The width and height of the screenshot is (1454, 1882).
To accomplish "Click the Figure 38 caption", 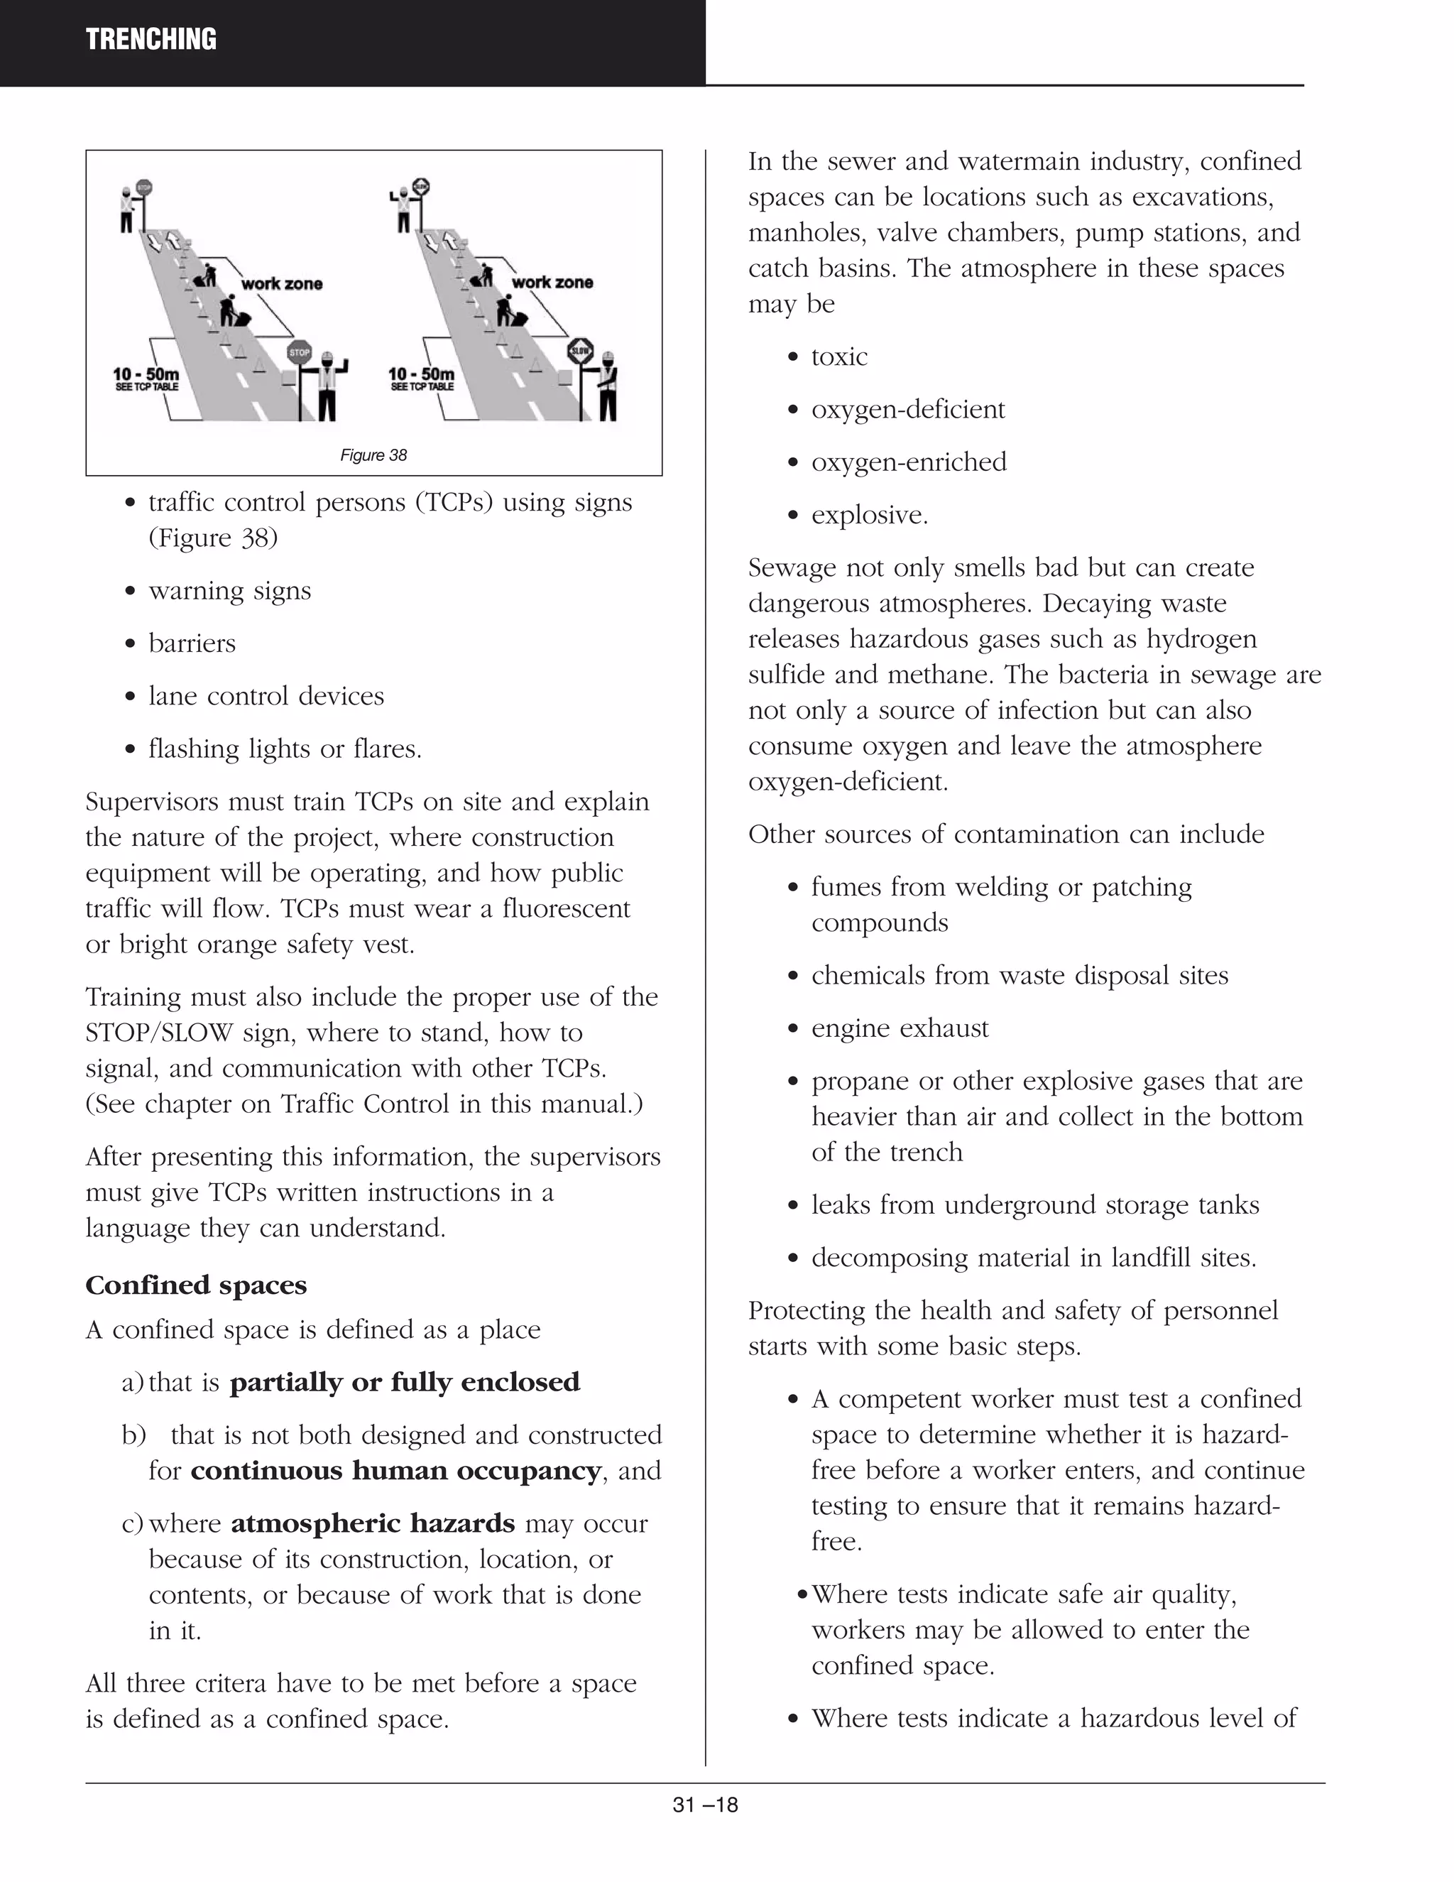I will (x=373, y=455).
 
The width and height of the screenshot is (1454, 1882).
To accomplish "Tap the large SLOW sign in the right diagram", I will (x=581, y=350).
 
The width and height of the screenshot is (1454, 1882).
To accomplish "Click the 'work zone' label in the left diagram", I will (x=282, y=283).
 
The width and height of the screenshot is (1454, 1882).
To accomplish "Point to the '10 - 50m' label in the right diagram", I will (x=421, y=374).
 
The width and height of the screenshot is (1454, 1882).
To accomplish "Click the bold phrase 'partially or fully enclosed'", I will (x=405, y=1382).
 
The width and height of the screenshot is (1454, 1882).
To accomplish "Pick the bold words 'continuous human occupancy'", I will (x=395, y=1470).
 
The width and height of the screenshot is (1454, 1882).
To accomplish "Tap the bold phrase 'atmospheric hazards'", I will (x=373, y=1523).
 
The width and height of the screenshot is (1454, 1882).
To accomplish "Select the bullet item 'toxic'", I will (x=839, y=357).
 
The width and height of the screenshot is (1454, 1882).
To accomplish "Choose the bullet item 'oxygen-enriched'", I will (x=909, y=462).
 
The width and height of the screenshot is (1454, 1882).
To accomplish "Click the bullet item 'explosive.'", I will (x=869, y=516).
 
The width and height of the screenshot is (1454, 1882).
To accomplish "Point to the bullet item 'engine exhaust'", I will (x=900, y=1028).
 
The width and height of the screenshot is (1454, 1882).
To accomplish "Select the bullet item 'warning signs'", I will (x=230, y=591).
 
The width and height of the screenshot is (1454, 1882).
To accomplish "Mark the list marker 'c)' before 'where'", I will (x=132, y=1523).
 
